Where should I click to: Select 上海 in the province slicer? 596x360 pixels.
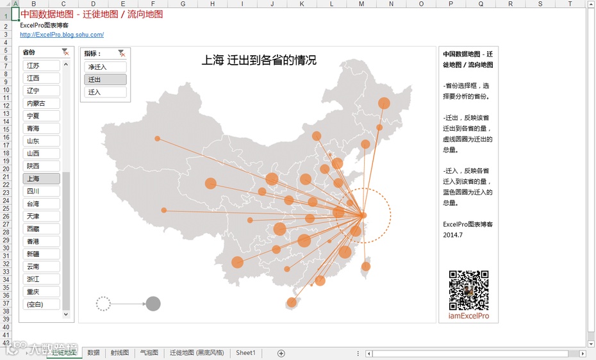pos(41,179)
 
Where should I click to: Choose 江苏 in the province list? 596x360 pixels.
pos(41,66)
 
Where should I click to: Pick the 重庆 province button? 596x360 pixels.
pos(41,291)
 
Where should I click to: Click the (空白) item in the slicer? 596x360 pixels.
pos(41,304)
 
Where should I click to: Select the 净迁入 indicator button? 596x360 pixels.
pos(105,67)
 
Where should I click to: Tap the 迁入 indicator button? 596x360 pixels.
pos(105,92)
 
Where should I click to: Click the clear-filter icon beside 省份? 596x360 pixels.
pos(65,53)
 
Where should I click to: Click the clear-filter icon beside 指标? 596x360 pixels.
pos(122,54)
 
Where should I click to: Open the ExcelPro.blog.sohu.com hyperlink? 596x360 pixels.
pos(62,35)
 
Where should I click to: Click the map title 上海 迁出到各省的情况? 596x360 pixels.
pos(259,60)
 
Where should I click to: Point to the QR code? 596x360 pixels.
pos(468,290)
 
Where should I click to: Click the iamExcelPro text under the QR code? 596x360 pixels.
pos(468,316)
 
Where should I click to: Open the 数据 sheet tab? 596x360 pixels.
pos(94,353)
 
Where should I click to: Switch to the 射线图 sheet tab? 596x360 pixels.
pos(120,353)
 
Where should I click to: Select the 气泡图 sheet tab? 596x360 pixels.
pos(149,353)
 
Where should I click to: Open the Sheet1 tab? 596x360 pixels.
pos(245,353)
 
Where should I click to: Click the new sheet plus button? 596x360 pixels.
pos(281,353)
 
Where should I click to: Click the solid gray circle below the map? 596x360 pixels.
pos(153,304)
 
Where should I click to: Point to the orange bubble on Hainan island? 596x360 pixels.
pos(292,302)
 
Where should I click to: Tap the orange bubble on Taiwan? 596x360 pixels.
pos(366,266)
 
